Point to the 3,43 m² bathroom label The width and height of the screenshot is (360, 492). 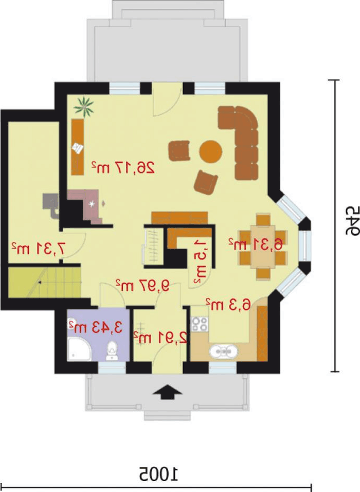95,327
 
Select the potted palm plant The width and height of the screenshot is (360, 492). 84,107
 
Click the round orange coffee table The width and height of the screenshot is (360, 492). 211,152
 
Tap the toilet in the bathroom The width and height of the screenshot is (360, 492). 112,352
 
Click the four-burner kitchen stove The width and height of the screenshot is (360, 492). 200,324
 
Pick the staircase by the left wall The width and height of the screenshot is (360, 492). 44,282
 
